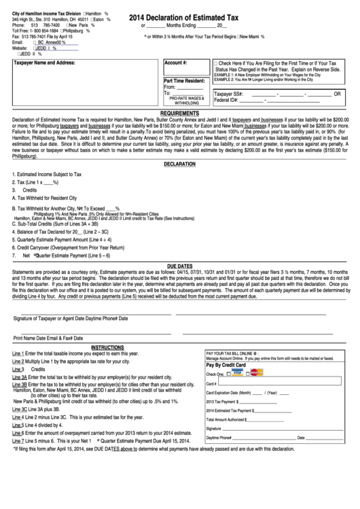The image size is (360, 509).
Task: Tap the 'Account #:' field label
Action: (x=176, y=62)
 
